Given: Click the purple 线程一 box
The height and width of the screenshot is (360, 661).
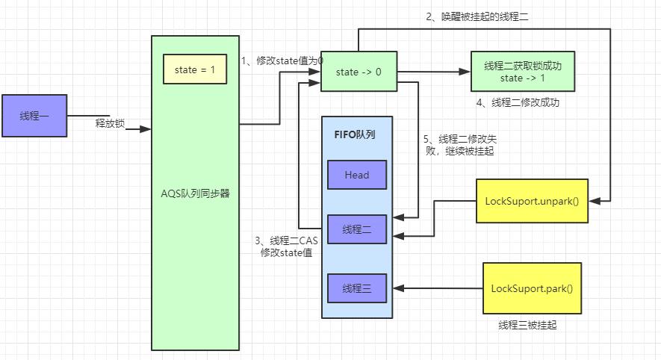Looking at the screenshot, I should tap(35, 117).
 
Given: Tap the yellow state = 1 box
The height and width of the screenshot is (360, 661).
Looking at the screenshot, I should tap(195, 69).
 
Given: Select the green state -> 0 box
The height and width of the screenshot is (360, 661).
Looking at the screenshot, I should tap(358, 72).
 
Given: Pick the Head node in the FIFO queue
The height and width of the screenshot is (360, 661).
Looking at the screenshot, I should tap(356, 175).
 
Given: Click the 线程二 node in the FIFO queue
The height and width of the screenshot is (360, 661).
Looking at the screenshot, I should tap(356, 229).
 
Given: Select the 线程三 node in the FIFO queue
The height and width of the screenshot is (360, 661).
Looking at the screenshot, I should tap(356, 288).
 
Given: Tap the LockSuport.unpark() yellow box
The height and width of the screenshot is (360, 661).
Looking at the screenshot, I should tap(532, 200).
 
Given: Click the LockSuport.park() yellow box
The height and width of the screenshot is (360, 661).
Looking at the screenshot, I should tap(532, 288).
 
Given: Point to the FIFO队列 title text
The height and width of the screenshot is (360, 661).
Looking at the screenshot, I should tap(354, 135).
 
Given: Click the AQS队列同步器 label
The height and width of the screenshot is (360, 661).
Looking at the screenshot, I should tap(195, 193).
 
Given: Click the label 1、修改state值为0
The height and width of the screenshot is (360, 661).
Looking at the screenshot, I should tap(282, 60).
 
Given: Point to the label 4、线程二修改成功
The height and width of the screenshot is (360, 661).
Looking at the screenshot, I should tap(517, 102).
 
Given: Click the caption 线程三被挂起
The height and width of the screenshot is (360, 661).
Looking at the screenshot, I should tap(527, 325).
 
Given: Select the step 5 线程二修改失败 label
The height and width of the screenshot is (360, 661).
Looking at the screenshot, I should tap(458, 144).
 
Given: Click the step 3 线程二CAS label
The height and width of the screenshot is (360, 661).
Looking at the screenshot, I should tap(286, 246).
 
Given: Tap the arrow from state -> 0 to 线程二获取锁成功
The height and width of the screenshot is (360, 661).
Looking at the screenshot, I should tap(429, 72).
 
